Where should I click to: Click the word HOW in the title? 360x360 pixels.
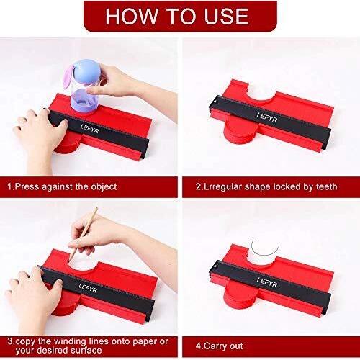point(132,16)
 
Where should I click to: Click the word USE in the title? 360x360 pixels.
point(226,16)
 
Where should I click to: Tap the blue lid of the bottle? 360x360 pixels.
point(86,72)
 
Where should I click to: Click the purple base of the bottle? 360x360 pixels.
point(84,103)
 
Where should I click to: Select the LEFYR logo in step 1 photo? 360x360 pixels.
point(89,129)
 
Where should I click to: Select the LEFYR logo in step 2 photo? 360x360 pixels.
point(267,117)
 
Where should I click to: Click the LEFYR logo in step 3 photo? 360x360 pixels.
point(88,288)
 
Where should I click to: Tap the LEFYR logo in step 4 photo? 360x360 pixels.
point(267,282)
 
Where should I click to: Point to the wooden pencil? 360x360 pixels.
point(84,234)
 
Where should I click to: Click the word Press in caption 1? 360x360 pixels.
point(27,186)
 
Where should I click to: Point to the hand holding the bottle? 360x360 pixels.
point(115,81)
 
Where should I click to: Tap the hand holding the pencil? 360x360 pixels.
point(94,234)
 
